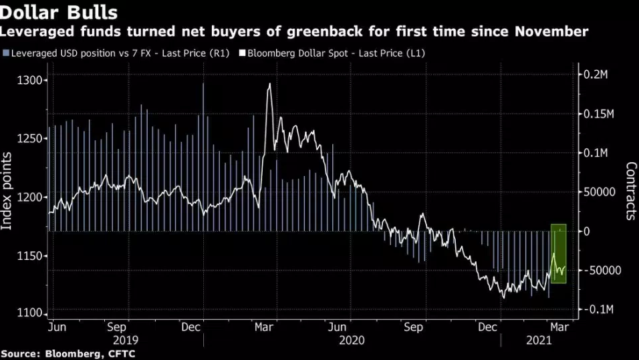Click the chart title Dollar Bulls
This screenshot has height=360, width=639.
[x=59, y=13]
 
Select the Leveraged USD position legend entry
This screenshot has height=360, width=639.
[x=116, y=53]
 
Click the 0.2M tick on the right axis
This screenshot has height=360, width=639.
[x=596, y=74]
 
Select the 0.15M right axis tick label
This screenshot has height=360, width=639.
[x=599, y=114]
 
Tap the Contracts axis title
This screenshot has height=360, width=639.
[x=630, y=191]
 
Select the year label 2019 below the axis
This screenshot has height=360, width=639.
[x=127, y=341]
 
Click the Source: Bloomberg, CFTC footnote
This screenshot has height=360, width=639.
[x=68, y=354]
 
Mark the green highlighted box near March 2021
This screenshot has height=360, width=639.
[x=559, y=254]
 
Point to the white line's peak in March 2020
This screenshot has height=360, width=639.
[x=269, y=84]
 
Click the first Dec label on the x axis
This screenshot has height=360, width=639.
[x=192, y=328]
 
